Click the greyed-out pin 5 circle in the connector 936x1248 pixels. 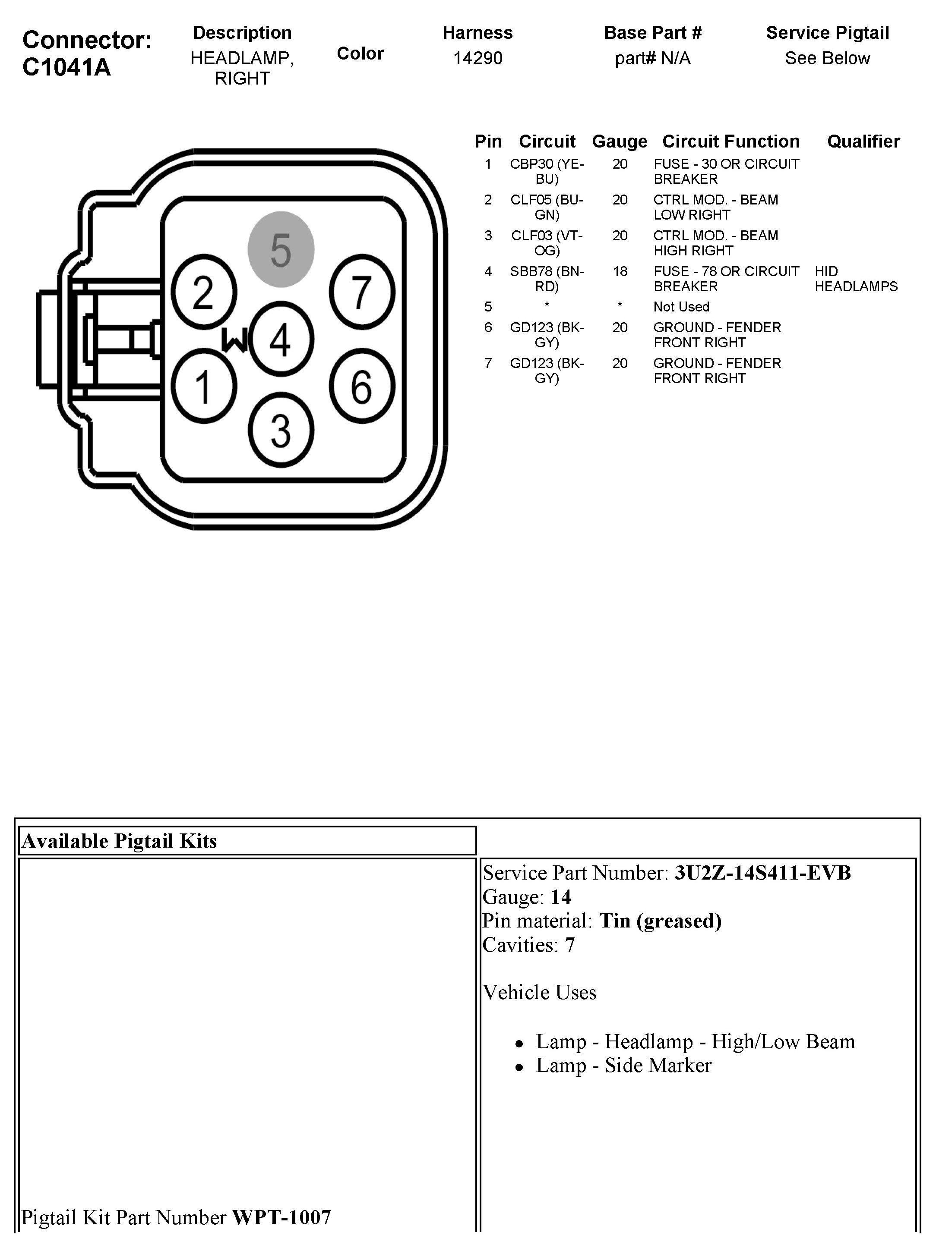(281, 249)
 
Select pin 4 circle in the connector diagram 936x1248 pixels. (281, 339)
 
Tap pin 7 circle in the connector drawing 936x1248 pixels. (362, 292)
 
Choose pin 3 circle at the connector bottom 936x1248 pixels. (281, 431)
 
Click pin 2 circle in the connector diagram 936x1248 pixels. (203, 292)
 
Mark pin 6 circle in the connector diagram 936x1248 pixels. (362, 386)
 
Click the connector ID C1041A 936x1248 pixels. (66, 67)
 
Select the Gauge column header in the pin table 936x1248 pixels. (619, 141)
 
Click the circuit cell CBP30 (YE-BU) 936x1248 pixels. (547, 172)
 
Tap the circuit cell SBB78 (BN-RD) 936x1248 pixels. (547, 279)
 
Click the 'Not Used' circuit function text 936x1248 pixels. (681, 307)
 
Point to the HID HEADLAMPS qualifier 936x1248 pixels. (855, 279)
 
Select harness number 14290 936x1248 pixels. (477, 58)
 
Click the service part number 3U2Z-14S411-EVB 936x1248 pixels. (762, 873)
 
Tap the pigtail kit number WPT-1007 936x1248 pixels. (281, 1217)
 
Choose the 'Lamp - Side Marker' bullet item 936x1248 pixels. (623, 1065)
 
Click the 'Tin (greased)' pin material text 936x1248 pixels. (660, 921)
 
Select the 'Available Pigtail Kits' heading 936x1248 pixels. (119, 841)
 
